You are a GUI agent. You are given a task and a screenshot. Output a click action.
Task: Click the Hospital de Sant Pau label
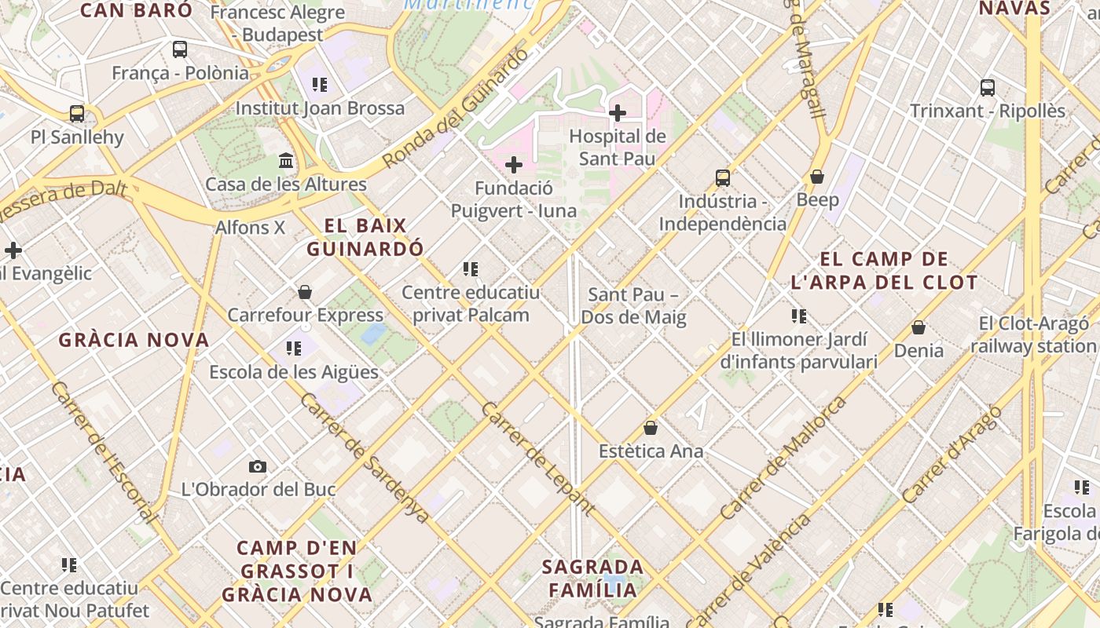[x=617, y=147]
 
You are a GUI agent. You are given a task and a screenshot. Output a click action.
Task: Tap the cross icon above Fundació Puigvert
[x=514, y=165]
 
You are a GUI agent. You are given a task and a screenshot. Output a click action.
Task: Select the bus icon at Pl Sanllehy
[x=77, y=114]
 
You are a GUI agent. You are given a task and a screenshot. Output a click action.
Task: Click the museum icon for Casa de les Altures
[x=286, y=161]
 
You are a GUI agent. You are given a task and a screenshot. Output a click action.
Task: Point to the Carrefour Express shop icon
[x=305, y=293]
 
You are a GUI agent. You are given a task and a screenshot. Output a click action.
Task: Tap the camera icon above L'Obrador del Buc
[x=257, y=467]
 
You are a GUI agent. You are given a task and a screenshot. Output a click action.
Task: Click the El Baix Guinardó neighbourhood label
[x=365, y=237]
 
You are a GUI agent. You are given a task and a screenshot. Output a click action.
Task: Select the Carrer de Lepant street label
[x=537, y=459]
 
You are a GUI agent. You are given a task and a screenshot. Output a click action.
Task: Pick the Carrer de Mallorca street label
[x=783, y=458]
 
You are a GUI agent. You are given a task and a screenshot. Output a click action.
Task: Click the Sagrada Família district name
[x=593, y=578]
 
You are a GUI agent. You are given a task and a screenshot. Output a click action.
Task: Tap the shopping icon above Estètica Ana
[x=651, y=429]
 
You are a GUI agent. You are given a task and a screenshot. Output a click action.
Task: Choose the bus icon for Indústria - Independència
[x=723, y=178]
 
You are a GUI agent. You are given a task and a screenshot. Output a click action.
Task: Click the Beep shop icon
[x=817, y=177]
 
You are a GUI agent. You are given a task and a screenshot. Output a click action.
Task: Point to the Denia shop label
[x=918, y=350]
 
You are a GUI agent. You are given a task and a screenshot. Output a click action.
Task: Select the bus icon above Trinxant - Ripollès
[x=988, y=88]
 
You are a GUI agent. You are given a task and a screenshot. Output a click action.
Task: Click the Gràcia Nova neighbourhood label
[x=134, y=340]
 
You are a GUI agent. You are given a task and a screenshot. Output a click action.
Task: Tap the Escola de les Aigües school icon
[x=294, y=349]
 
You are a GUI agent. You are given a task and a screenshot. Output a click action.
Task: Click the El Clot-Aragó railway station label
[x=1033, y=334]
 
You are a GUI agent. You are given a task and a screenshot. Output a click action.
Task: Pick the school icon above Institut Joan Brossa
[x=319, y=85]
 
